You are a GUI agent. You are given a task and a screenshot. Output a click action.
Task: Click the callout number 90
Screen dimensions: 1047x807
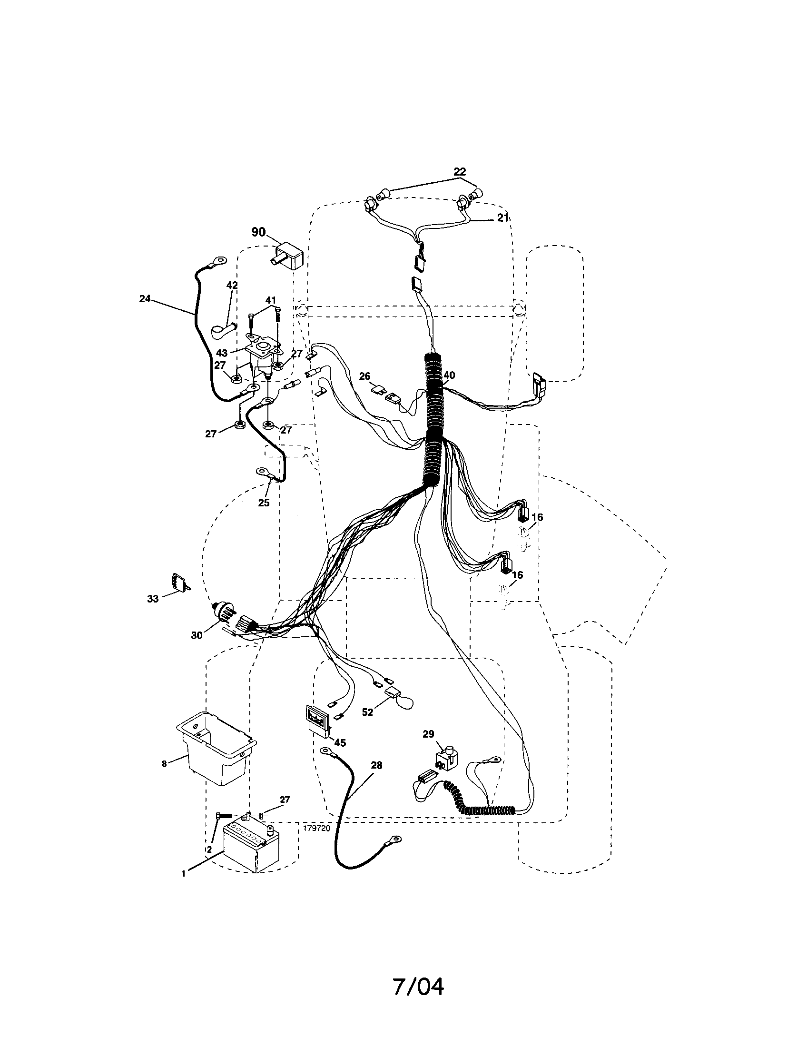[258, 232]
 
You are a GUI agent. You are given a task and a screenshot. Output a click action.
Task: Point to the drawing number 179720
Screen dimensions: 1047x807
[317, 828]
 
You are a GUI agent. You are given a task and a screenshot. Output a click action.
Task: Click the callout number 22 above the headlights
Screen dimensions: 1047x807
[460, 171]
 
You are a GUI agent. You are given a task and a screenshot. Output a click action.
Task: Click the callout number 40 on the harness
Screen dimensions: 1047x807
[449, 375]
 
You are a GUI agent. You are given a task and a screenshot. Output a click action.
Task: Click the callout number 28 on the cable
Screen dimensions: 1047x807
[377, 765]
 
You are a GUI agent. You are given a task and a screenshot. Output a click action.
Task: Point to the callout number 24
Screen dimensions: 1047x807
[145, 299]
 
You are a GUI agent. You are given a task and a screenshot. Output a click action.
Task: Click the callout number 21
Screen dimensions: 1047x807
[502, 217]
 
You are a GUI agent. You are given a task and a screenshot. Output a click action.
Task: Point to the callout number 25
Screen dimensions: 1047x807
[264, 503]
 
